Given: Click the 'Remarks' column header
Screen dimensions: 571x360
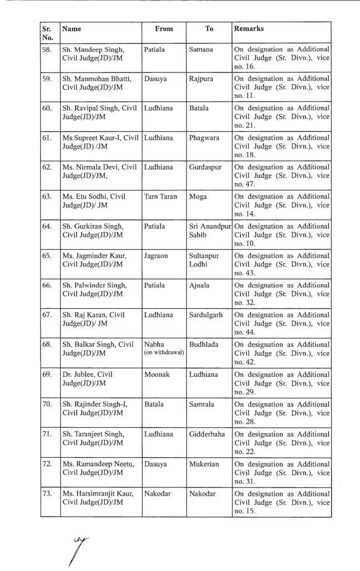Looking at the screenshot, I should pos(249,28).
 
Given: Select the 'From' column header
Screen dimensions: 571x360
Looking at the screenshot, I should pos(164,28).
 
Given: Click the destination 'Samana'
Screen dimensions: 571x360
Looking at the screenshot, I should pos(201,50).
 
